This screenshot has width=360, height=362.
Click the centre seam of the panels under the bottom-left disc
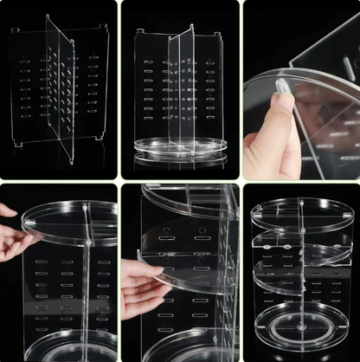(x=87, y=286)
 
